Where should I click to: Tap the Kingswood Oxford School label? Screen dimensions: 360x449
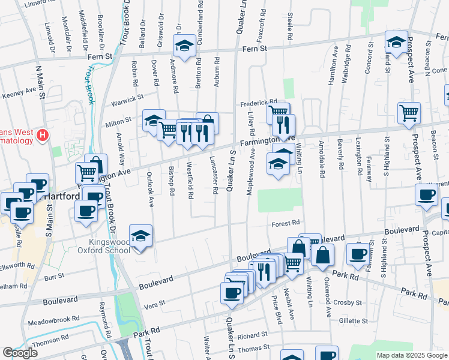click(x=105, y=246)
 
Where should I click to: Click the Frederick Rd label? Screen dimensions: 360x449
click(x=259, y=103)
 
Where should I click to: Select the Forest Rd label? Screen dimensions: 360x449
click(x=285, y=223)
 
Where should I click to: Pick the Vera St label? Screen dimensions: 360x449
click(x=154, y=305)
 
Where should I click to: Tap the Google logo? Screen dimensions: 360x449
click(x=19, y=353)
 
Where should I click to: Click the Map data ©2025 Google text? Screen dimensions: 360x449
click(x=411, y=355)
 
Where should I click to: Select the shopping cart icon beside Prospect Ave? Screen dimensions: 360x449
click(x=409, y=112)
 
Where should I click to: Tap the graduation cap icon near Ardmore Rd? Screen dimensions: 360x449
click(x=184, y=44)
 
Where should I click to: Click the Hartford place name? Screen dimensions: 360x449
click(x=59, y=197)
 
